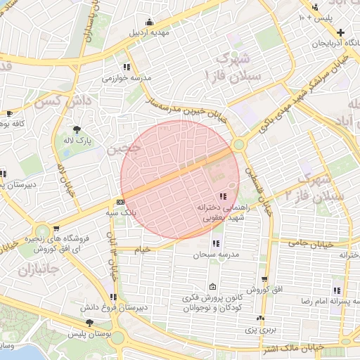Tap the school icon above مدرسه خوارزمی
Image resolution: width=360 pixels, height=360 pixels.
pyautogui.click(x=126, y=67)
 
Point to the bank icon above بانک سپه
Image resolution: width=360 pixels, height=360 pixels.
pyautogui.click(x=120, y=202)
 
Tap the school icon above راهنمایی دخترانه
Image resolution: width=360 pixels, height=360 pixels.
pyautogui.click(x=223, y=196)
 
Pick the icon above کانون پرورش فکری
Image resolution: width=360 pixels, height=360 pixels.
pyautogui.click(x=212, y=287)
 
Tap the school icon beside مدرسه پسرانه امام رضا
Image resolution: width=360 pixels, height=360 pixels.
pyautogui.click(x=337, y=290)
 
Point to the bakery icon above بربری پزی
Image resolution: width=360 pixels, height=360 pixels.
pyautogui.click(x=262, y=319)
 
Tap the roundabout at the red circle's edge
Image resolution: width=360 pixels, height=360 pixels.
pyautogui.click(x=239, y=145)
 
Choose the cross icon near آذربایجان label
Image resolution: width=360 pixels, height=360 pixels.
pyautogui.click(x=340, y=32)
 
